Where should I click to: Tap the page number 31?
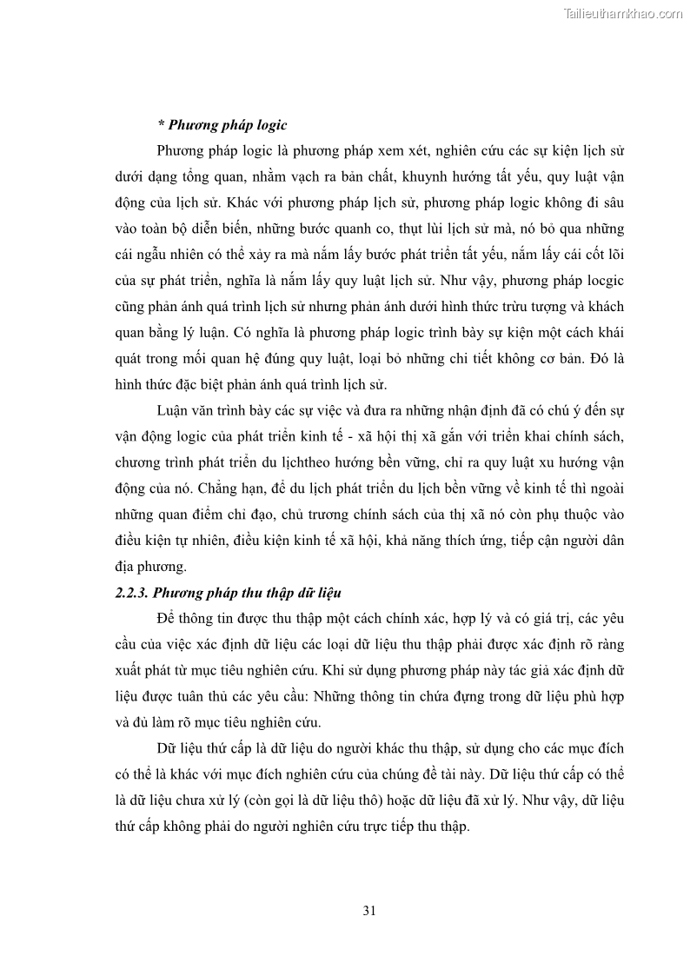point(368,911)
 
